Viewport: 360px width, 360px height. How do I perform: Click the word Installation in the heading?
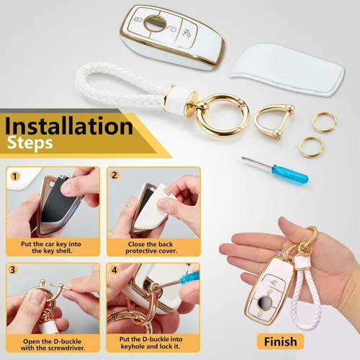(x=68, y=126)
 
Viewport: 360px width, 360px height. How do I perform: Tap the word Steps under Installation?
(x=30, y=143)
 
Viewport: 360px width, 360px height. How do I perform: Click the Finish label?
(x=280, y=341)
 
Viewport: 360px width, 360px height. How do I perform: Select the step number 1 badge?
(x=15, y=176)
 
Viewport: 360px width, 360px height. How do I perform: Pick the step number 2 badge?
(x=114, y=175)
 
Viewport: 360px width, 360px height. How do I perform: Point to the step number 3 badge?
(x=13, y=269)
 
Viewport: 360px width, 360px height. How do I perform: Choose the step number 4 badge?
(x=114, y=270)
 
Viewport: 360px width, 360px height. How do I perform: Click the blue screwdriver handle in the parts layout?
(x=289, y=174)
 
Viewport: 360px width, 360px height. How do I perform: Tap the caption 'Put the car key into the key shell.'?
(x=51, y=248)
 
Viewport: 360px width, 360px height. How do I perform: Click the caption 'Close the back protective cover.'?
(x=150, y=248)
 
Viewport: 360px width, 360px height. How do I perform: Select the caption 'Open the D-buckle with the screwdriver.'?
(x=53, y=344)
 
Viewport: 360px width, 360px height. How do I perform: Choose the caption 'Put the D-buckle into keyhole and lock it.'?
(x=150, y=343)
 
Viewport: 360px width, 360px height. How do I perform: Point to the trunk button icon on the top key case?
(x=186, y=33)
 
